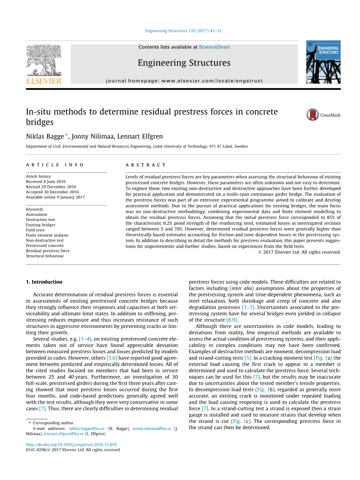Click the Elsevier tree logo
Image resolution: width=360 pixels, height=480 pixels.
click(44, 60)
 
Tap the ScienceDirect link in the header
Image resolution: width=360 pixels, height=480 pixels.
click(214, 47)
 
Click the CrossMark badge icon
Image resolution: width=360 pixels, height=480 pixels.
click(313, 115)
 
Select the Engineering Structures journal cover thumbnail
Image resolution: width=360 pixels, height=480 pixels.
click(323, 62)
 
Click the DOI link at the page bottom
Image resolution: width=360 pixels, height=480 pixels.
click(71, 445)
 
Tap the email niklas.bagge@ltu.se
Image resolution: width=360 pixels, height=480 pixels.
click(87, 428)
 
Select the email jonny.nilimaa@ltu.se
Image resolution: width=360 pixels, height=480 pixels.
click(151, 428)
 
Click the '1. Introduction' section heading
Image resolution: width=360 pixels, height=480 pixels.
click(44, 282)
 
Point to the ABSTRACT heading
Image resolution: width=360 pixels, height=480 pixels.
click(146, 165)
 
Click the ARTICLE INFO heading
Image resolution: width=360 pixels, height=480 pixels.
click(55, 165)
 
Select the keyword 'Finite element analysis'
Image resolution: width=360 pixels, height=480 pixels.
click(47, 235)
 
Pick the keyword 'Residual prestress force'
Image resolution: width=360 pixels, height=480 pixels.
click(48, 251)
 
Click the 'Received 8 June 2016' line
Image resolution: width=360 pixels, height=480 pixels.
click(46, 182)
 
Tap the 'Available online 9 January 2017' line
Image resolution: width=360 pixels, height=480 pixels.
click(55, 197)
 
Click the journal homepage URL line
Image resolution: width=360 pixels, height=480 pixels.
click(184, 81)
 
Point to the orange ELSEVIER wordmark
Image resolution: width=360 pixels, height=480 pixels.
click(44, 81)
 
